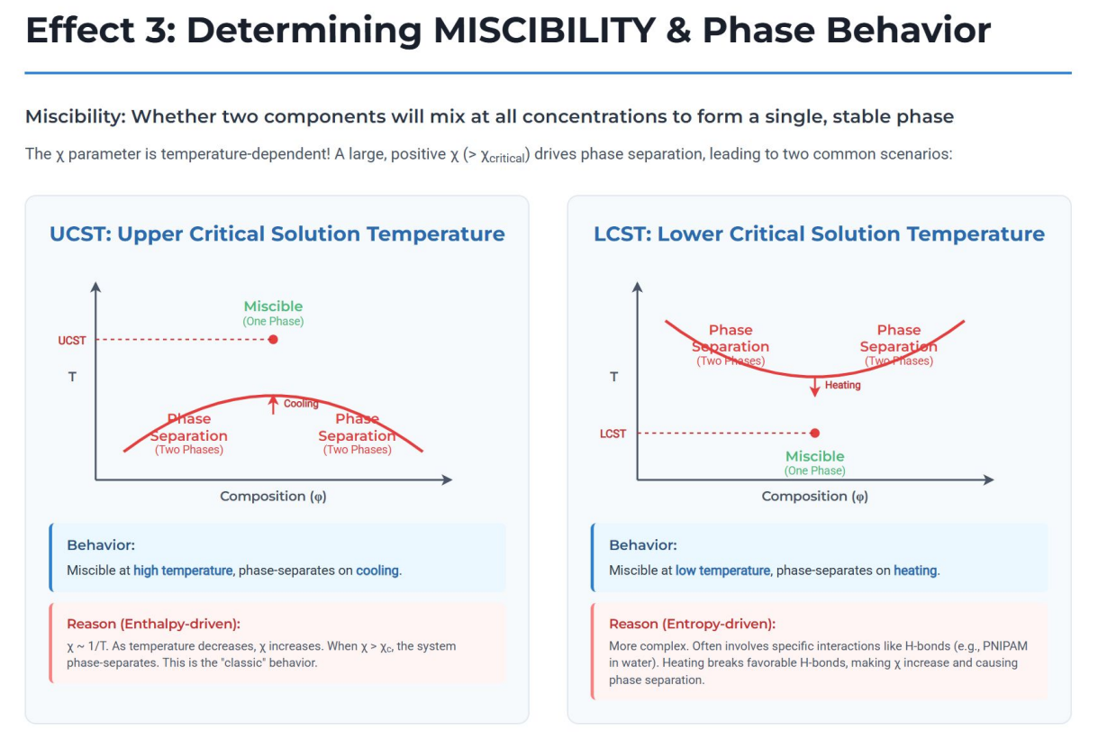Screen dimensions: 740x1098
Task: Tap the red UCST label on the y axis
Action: point(72,340)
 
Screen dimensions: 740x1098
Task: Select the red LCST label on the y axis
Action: point(613,434)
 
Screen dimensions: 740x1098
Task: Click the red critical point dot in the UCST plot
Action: point(273,340)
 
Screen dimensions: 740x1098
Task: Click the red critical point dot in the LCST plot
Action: point(814,433)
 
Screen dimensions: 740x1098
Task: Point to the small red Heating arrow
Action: point(814,386)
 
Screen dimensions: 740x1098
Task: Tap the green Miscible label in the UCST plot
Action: point(273,306)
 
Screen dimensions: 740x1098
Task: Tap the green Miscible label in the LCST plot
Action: point(814,456)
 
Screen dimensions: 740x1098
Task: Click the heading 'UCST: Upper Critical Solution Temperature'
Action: point(277,234)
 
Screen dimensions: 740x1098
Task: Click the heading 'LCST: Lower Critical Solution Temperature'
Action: point(819,234)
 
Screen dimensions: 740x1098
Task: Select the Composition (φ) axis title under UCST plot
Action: point(273,496)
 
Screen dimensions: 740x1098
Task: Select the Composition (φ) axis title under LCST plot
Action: point(814,496)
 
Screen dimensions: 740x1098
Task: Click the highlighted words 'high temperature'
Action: point(184,571)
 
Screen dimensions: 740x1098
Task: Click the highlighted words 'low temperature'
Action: point(722,571)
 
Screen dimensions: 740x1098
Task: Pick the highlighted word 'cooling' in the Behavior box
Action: point(377,571)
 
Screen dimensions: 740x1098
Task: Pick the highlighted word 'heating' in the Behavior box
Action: point(915,571)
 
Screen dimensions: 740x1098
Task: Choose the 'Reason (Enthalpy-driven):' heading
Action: point(154,624)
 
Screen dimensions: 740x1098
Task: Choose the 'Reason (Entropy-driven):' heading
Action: point(692,624)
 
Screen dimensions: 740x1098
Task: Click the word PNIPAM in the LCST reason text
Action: point(1003,646)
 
